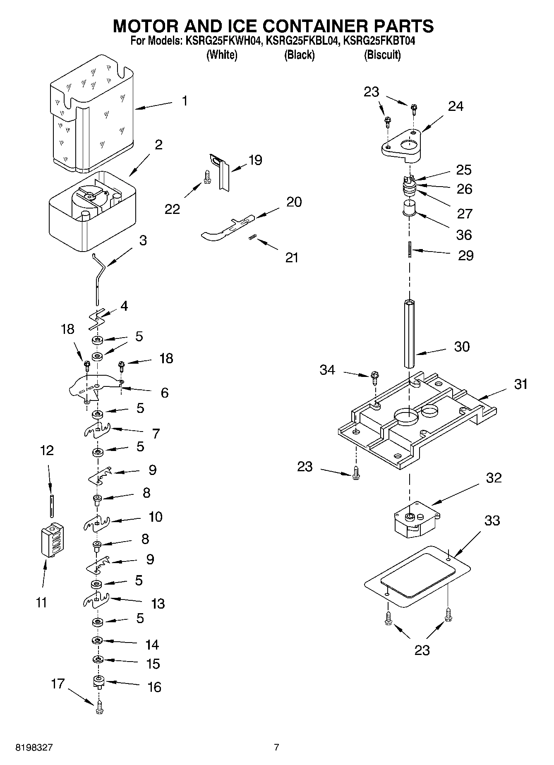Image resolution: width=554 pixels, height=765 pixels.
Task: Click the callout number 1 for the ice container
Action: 185,101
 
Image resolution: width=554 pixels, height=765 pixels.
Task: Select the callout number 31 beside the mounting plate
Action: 520,384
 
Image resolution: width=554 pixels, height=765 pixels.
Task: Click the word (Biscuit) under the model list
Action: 382,55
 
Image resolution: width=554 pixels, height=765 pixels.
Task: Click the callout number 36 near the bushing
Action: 464,235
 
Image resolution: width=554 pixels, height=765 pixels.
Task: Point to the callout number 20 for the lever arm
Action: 294,202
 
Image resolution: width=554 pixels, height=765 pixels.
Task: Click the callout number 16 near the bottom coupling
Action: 154,687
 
